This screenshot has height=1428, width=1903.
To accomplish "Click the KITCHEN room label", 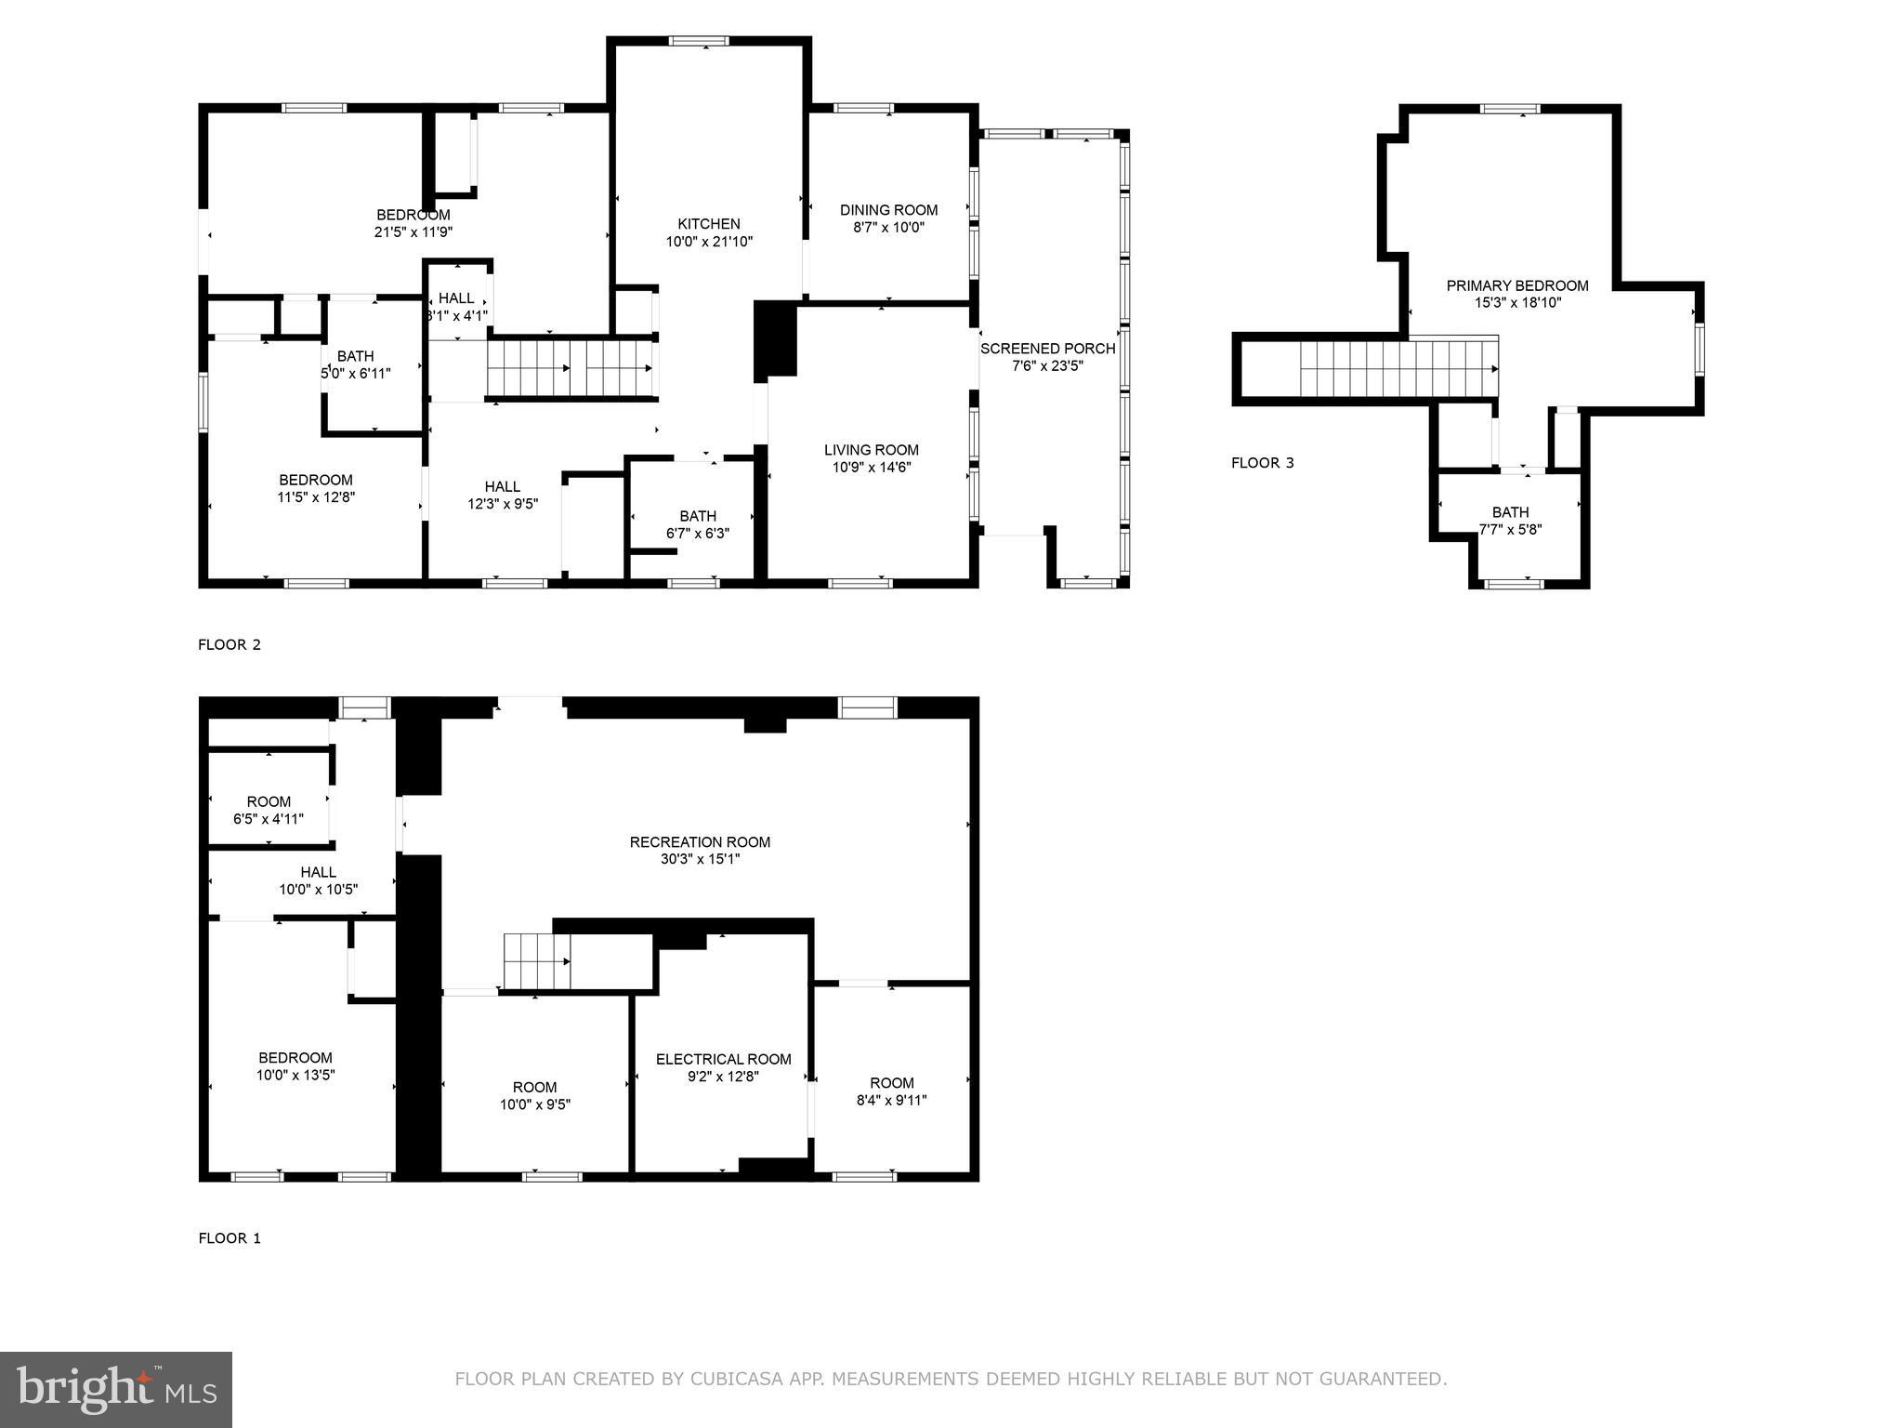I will pos(708,224).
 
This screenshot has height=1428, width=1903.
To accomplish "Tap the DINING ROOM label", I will pos(888,210).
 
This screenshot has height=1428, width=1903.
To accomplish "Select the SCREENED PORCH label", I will pos(1047,349).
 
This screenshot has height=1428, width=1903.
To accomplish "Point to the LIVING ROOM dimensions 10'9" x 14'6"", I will pos(871,468).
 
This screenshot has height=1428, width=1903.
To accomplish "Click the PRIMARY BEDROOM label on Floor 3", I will pos(1516,285).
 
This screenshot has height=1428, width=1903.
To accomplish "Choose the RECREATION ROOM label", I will pos(700,842).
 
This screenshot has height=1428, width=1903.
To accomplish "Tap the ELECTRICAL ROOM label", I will pos(723,1059).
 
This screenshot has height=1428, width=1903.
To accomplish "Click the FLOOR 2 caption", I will pos(230,644).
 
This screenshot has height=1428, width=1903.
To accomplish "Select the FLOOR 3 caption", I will pos(1262,463).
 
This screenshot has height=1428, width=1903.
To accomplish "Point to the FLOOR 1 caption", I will pos(230,1238).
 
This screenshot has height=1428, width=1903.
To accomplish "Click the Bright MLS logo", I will pos(116,1389).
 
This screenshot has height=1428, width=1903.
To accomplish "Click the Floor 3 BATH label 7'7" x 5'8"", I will pos(1510,521).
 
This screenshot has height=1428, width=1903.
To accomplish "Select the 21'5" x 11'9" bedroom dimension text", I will pos(413,232).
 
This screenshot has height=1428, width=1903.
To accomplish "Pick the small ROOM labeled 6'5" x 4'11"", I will pos(269,810).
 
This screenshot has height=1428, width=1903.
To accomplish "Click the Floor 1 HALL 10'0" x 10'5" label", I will pos(318,880).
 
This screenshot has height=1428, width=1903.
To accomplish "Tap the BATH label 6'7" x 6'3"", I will pos(697,524).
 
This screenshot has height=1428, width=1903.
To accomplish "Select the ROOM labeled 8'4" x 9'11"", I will pos(891,1091).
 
